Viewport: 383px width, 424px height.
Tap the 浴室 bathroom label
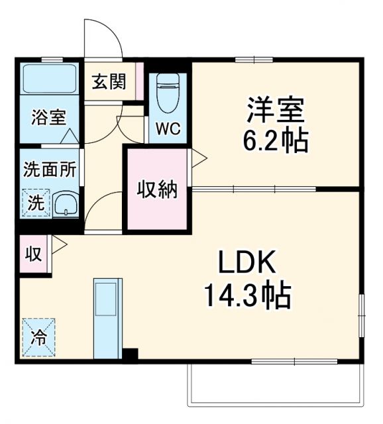pos(49,119)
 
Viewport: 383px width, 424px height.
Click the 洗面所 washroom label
pos(49,168)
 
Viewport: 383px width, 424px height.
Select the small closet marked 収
pos(32,253)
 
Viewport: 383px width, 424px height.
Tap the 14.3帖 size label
pos(246,296)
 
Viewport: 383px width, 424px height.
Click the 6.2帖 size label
pos(276,141)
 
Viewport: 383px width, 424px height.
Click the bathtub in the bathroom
pos(49,79)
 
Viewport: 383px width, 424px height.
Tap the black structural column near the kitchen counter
pos(131,355)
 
